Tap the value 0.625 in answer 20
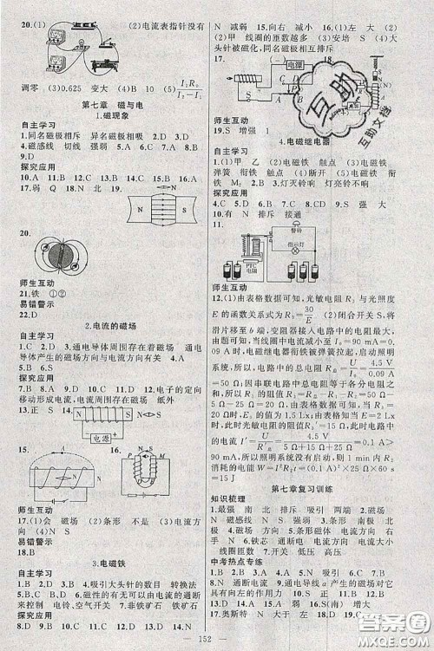pos(78,89)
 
